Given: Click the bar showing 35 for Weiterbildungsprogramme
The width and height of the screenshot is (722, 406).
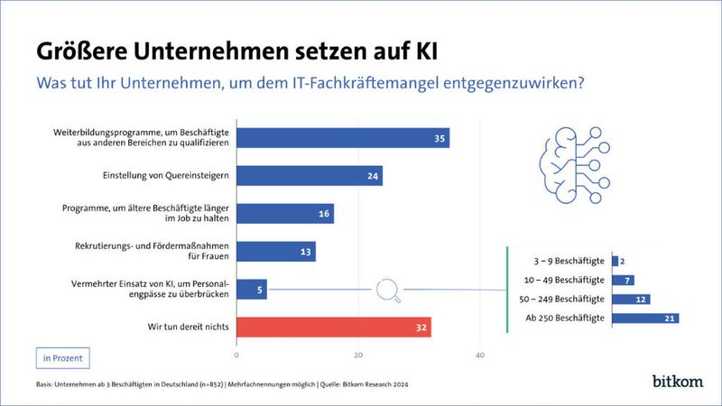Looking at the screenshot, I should point(343,138).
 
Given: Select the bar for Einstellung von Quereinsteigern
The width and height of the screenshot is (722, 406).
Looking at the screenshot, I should point(310,176).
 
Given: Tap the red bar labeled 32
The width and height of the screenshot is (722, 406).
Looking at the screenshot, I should point(334,328).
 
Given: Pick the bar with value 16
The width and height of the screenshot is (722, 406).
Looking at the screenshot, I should point(285,214).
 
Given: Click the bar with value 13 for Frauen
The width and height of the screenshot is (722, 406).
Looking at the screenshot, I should point(276,252).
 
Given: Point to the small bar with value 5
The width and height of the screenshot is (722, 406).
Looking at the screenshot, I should point(252,290).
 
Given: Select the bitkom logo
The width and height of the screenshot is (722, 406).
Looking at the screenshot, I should point(677,382).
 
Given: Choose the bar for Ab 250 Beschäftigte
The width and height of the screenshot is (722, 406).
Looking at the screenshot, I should point(644,318).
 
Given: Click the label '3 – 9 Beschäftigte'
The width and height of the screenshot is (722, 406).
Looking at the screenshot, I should point(565,262).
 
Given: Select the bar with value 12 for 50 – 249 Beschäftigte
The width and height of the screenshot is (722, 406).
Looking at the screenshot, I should point(630,299).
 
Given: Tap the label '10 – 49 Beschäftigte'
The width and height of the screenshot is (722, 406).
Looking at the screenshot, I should point(562,280).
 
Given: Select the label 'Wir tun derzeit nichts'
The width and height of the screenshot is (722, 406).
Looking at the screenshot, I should point(177,328).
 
